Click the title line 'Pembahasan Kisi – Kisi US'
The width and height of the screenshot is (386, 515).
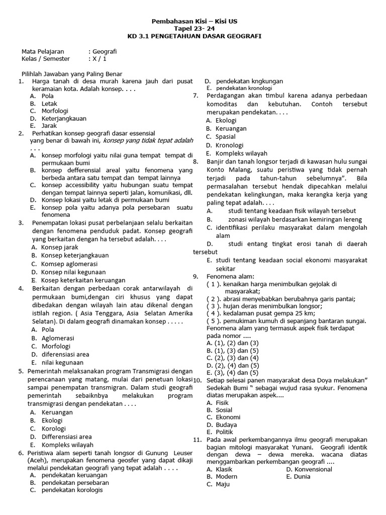[196, 22]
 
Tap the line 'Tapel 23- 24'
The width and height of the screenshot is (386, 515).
[196, 29]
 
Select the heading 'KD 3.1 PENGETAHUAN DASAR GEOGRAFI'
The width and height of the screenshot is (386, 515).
[196, 37]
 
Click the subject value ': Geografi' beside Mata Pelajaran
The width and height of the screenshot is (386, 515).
[104, 51]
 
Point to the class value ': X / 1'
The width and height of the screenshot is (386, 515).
[98, 59]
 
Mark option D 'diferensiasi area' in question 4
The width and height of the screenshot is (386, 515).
[65, 354]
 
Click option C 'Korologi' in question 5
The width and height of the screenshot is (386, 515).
[52, 428]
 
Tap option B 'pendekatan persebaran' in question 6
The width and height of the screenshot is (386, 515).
[75, 482]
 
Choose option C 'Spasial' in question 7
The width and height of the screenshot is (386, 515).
[226, 137]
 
